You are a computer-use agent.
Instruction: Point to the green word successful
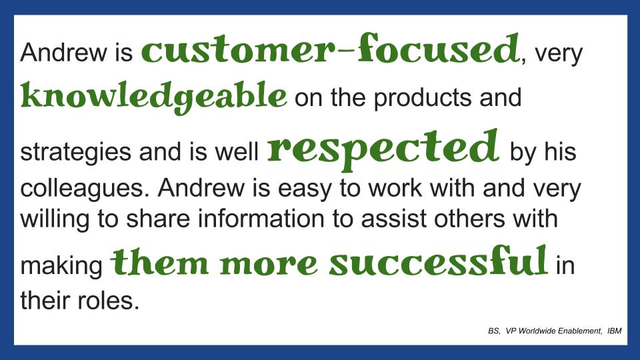coord(438,261)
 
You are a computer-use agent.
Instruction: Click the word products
coord(423,99)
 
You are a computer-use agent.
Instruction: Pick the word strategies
coord(76,153)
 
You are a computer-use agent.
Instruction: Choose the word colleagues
coord(85,189)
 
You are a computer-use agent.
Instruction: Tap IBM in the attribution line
coord(614,331)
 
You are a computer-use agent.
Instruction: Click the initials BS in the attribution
coord(494,331)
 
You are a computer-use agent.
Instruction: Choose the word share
coord(158,219)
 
